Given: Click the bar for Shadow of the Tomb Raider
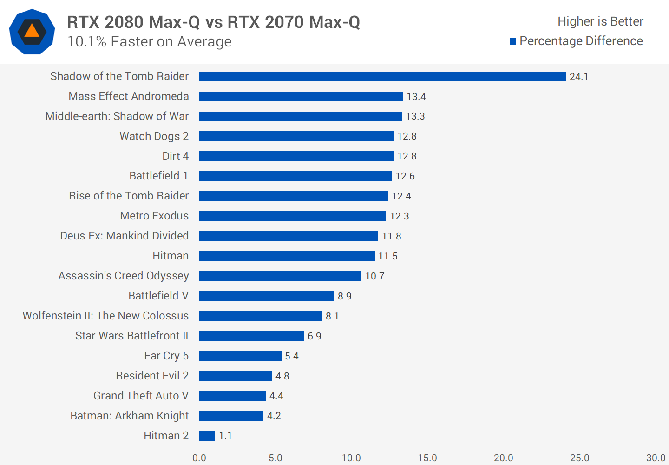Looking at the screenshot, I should point(382,76).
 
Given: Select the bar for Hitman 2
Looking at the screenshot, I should point(207,436).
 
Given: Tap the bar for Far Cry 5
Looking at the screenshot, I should point(240,356).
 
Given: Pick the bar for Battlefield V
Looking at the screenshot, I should point(267,296).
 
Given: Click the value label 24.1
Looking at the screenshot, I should point(579,77).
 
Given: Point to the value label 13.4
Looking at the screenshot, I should point(416,97).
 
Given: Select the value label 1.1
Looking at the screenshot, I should point(225,436).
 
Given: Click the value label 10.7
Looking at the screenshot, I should point(375,276).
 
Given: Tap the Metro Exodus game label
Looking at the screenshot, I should point(154,216).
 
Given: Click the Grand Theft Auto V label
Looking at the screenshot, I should point(141,396).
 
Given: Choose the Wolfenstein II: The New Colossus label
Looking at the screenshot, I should point(105,316).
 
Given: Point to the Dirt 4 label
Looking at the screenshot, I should point(175,156).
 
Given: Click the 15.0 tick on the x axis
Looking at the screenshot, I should point(427,458).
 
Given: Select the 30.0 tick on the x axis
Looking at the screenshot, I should point(656,458).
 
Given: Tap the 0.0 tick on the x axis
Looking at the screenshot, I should point(199,458).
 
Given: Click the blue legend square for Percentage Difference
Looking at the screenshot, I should point(513,41).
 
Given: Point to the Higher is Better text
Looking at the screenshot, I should point(600,21).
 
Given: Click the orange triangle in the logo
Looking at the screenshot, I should point(32,31).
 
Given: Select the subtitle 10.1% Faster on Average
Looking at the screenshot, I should point(149,42).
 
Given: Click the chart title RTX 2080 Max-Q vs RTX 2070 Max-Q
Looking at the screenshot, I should point(213,22).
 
